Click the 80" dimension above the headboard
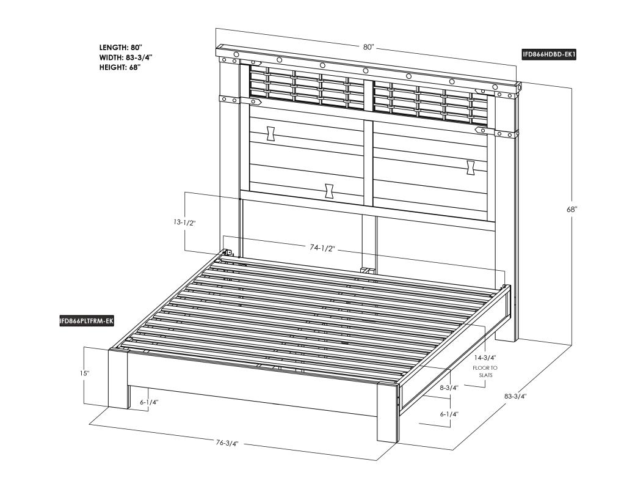click(368, 46)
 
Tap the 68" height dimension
click(572, 210)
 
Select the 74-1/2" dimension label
click(323, 248)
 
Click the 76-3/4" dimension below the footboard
click(227, 443)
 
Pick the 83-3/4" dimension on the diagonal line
click(515, 396)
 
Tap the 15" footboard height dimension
click(84, 373)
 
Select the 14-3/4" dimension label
click(485, 358)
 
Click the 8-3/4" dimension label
click(449, 388)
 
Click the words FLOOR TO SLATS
click(485, 372)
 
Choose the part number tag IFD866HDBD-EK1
click(548, 55)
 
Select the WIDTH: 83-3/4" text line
click(126, 57)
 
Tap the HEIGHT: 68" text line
click(120, 67)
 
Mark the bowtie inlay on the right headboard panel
click(471, 167)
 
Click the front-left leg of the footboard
click(118, 379)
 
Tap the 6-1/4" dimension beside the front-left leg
click(149, 402)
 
